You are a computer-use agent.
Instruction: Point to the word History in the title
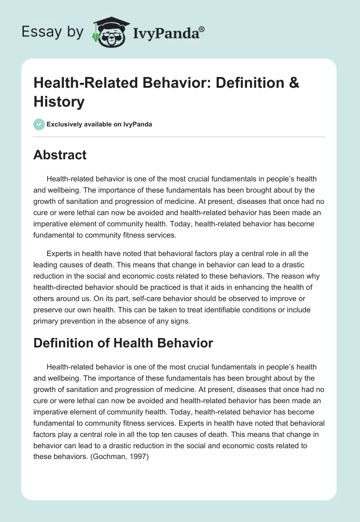[59, 102]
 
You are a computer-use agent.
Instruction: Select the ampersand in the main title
[293, 83]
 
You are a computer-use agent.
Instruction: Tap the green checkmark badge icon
[39, 124]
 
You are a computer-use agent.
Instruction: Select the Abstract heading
[60, 155]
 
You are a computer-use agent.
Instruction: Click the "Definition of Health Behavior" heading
[123, 343]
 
